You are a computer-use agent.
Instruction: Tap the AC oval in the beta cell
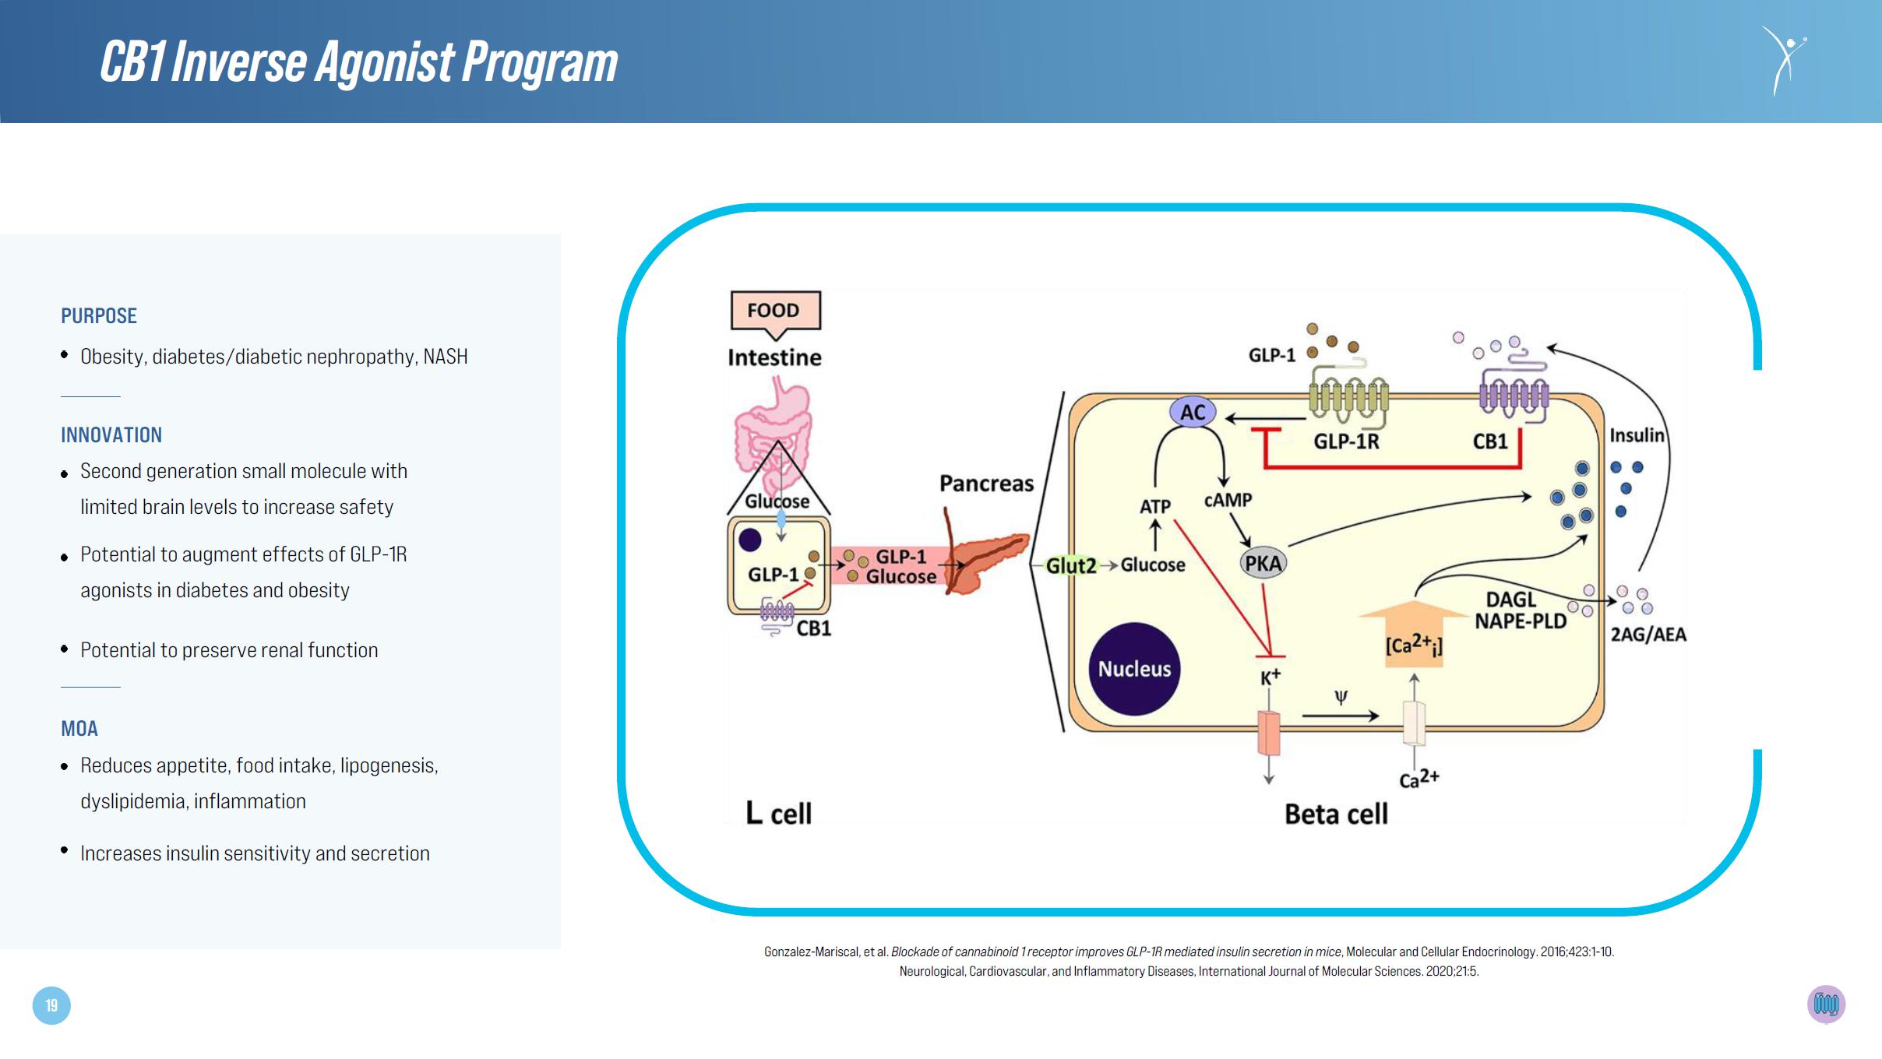tap(1193, 412)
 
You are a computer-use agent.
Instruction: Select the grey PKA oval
tap(1262, 563)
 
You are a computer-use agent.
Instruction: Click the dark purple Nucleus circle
tap(1134, 669)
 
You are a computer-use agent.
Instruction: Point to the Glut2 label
tap(1071, 565)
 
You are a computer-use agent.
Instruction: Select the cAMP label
tap(1228, 500)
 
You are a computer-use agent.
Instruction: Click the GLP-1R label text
tap(1346, 442)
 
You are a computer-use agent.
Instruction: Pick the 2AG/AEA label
tap(1648, 635)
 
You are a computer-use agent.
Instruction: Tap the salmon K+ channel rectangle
tap(1269, 732)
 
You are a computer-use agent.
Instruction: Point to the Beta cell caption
tap(1336, 814)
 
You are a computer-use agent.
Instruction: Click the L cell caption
tap(778, 814)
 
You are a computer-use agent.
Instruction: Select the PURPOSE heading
tap(99, 316)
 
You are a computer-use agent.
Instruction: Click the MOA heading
tap(79, 729)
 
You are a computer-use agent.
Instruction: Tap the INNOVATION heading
tap(111, 435)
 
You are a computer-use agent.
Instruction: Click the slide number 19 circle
tap(51, 1005)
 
